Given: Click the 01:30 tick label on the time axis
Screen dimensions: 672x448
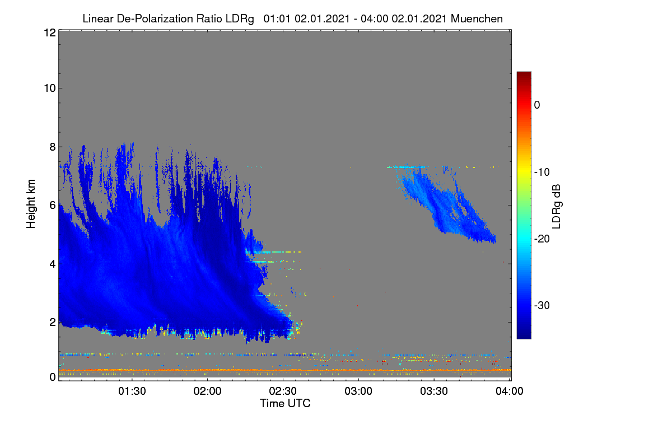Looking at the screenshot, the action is [132, 391].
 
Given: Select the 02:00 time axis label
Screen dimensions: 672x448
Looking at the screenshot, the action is [208, 391].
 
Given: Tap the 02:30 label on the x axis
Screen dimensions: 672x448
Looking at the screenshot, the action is [283, 391].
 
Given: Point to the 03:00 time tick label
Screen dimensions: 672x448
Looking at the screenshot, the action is [358, 391].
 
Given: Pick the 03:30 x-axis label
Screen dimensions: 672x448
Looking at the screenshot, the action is [434, 391].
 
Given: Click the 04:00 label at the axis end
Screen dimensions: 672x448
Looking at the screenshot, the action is [510, 391].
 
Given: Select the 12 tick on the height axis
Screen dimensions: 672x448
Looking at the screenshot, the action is [50, 32].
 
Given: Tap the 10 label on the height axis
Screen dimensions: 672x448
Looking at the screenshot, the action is [50, 88].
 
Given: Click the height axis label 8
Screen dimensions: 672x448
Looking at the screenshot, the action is [53, 147].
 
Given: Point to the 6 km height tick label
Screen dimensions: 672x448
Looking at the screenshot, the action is [53, 206].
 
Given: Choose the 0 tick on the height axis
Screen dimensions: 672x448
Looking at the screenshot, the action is [53, 377].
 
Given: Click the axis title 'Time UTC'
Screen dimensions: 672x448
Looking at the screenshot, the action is [285, 403].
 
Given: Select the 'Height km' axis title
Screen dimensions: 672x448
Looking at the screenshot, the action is [31, 204].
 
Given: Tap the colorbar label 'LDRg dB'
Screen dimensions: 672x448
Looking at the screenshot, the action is [556, 207].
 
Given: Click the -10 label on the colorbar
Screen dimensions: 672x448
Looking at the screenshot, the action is [542, 172].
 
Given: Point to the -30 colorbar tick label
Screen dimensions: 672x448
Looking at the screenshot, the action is [542, 305].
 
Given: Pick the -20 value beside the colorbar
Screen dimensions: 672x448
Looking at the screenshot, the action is [542, 239].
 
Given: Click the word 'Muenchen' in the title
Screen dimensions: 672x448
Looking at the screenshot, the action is [477, 19].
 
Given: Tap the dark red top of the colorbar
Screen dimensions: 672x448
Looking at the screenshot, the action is [524, 74].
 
